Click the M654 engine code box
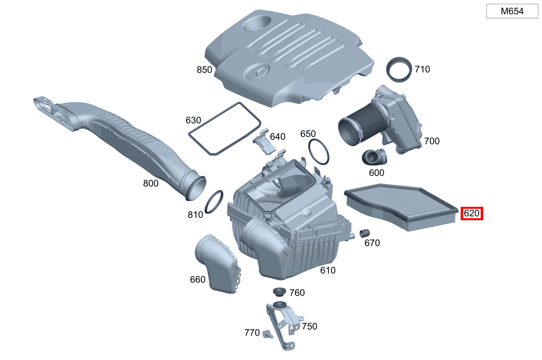pyautogui.click(x=512, y=11)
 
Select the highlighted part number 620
pyautogui.click(x=472, y=213)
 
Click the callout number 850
pyautogui.click(x=204, y=70)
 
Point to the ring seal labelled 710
pyautogui.click(x=399, y=69)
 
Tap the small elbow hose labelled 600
pyautogui.click(x=374, y=157)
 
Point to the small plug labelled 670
pyautogui.click(x=364, y=233)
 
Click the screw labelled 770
pyautogui.click(x=268, y=334)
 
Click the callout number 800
pyautogui.click(x=151, y=183)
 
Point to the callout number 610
pyautogui.click(x=328, y=270)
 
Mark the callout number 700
pyautogui.click(x=432, y=141)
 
